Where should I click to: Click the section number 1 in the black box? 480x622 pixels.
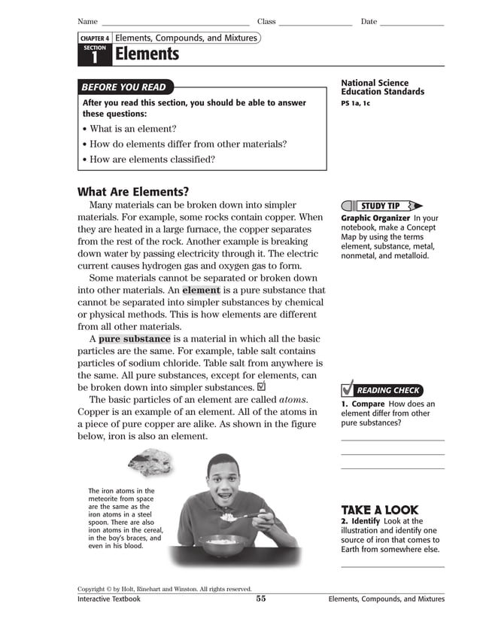point(94,57)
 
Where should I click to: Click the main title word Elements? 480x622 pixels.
point(147,54)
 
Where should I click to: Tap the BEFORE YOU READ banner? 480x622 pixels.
point(125,87)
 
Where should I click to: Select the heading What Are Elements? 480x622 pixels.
point(133,191)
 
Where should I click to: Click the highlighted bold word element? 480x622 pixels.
point(201,290)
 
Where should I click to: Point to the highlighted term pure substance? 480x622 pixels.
point(135,339)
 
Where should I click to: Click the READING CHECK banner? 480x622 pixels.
point(388,390)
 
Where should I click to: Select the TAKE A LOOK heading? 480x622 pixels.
point(379,510)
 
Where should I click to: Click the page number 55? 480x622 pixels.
point(260,599)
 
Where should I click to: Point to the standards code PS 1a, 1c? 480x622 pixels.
point(355,103)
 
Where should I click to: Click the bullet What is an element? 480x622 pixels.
point(132,129)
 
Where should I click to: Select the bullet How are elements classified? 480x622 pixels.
point(152,159)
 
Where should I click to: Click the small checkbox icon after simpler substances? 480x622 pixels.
point(261,386)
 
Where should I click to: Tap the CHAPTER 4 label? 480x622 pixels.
point(95,38)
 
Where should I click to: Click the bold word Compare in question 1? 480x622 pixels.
point(368,404)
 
